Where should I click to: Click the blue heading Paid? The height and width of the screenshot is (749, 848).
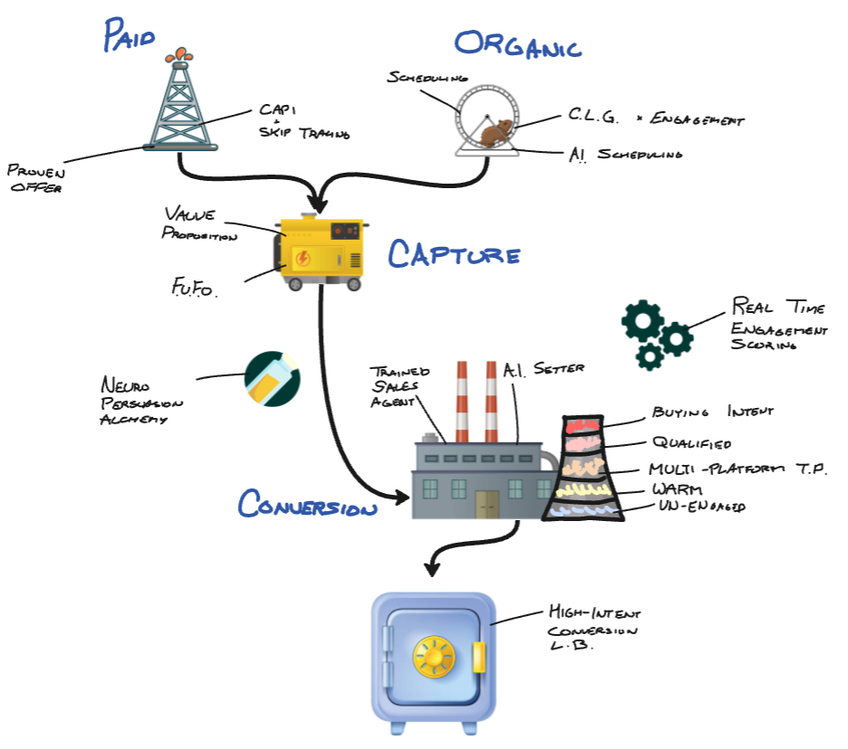click(x=129, y=36)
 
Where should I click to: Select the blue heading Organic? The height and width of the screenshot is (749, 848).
click(x=518, y=43)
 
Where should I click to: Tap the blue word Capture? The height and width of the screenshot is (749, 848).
click(x=454, y=255)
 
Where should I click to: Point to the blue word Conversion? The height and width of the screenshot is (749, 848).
click(x=308, y=505)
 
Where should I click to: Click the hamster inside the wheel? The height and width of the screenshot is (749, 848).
click(x=494, y=135)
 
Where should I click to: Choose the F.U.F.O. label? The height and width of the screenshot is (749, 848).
click(x=195, y=288)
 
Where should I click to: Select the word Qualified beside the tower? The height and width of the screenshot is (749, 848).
click(x=691, y=443)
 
